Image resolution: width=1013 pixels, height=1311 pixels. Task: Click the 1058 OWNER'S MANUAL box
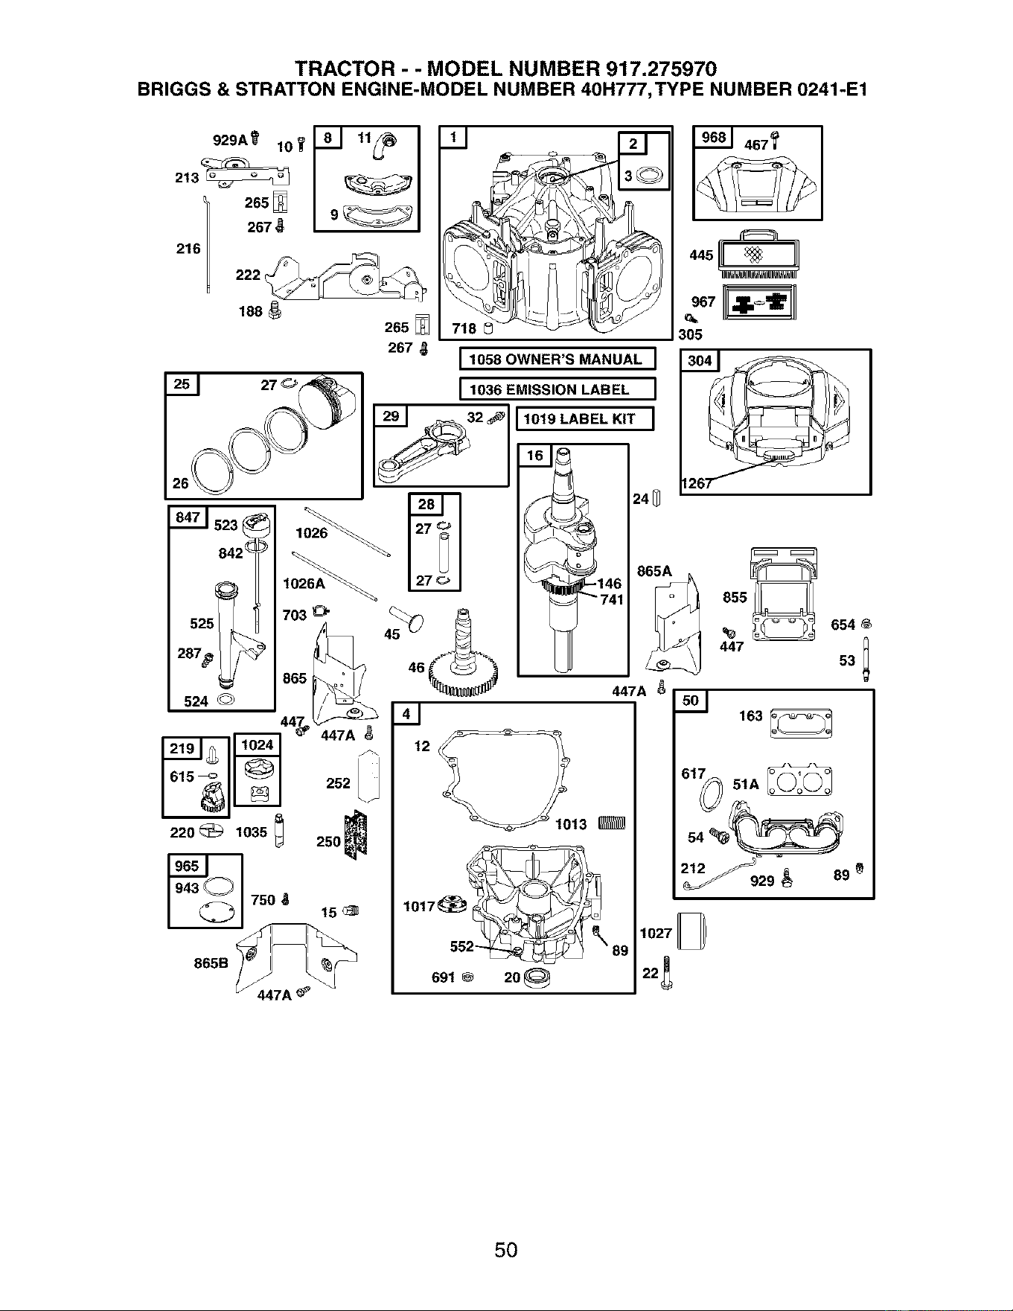tap(557, 359)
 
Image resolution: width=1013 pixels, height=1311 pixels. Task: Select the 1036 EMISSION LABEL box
tap(557, 389)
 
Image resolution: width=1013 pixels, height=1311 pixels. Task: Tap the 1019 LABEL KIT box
tap(585, 419)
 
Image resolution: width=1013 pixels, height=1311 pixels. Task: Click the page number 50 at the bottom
tap(506, 1248)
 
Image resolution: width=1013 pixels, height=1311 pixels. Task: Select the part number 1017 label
tap(418, 906)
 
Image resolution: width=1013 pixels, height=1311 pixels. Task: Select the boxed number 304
tap(700, 361)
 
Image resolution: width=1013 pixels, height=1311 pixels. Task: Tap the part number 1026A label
tap(304, 584)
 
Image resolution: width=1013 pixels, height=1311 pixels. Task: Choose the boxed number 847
tap(188, 517)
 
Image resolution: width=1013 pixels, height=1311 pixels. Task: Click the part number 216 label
tap(188, 249)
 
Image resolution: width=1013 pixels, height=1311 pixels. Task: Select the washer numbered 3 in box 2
tap(650, 176)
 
